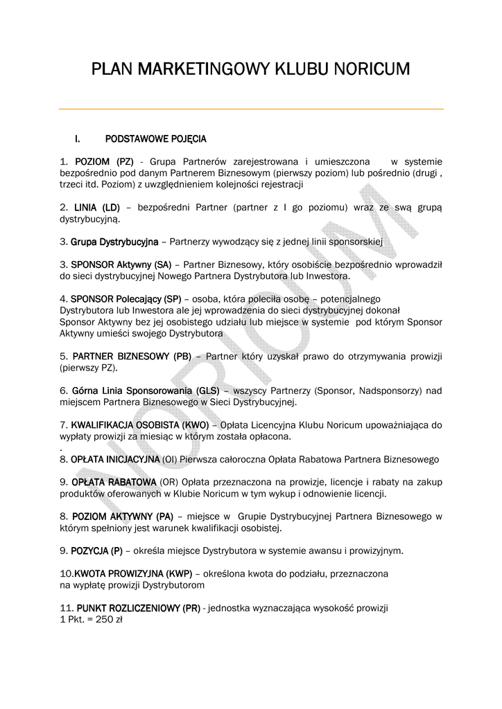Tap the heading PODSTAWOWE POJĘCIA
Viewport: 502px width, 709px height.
(155, 139)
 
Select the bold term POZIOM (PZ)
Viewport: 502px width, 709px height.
(104, 161)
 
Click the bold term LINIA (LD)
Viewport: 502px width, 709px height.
(97, 207)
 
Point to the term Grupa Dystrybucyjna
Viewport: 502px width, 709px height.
(114, 242)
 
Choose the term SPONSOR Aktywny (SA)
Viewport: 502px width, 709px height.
(121, 264)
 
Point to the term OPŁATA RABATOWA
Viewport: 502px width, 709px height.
(113, 482)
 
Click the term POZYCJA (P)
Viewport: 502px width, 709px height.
(96, 550)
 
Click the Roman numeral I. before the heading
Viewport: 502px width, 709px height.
(87, 139)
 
